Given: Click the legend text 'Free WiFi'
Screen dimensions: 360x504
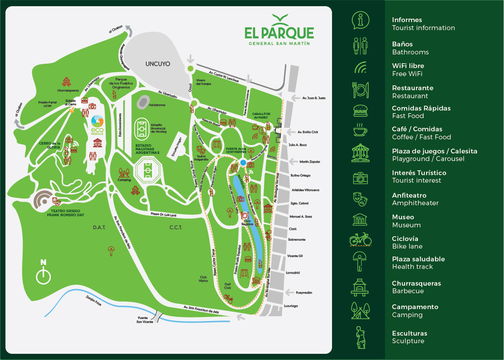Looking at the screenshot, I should click(407, 74).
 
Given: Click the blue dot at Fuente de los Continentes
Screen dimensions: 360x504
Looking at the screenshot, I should click(243, 163).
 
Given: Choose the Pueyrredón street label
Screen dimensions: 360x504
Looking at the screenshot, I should click(303, 292).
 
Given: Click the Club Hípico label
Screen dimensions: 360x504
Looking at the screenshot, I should click(203, 279).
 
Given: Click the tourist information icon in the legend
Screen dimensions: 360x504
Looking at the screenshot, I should click(360, 20).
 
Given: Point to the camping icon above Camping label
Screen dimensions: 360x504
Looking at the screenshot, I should click(124, 172).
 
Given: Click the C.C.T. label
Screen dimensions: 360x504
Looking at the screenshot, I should click(176, 228).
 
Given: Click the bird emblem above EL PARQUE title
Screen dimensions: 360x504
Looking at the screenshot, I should click(279, 19).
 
